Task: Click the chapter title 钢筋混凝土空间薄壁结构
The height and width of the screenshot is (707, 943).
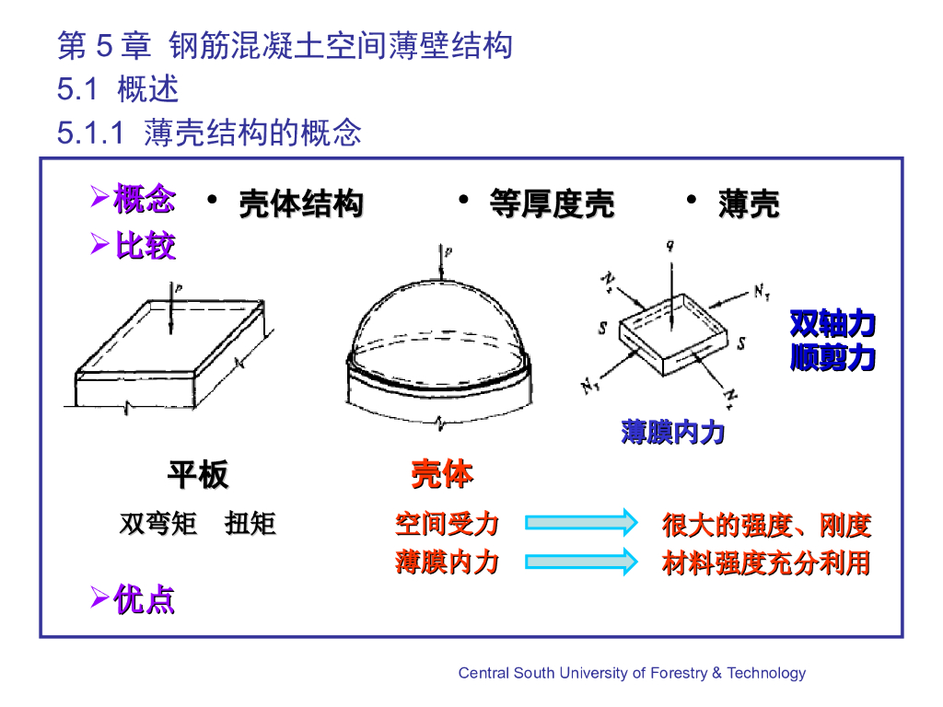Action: click(x=341, y=45)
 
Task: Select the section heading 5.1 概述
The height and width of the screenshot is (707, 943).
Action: click(x=118, y=89)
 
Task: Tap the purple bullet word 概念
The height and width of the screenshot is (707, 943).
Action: click(x=144, y=200)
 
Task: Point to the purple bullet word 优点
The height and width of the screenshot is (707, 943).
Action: click(x=144, y=600)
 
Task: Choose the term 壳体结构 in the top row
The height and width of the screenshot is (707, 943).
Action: click(x=300, y=203)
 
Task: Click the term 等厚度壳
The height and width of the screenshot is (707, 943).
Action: click(x=552, y=203)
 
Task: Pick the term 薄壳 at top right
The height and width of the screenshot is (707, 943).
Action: click(x=749, y=203)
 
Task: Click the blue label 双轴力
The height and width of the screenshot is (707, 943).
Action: click(x=832, y=324)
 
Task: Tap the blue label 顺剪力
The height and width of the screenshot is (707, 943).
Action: click(x=832, y=357)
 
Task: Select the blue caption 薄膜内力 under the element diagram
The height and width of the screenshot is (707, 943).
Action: click(x=672, y=432)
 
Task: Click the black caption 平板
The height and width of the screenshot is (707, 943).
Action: click(x=197, y=476)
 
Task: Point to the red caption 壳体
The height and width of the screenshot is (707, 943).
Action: click(x=442, y=475)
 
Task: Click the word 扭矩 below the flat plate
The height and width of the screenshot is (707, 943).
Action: click(x=250, y=525)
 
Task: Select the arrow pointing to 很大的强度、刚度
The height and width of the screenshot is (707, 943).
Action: click(x=581, y=523)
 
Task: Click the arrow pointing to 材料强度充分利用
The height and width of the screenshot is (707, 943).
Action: click(x=581, y=561)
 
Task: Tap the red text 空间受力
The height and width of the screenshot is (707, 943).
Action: click(x=447, y=525)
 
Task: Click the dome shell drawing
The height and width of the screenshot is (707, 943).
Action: click(x=440, y=350)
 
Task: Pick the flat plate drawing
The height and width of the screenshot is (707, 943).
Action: click(x=170, y=354)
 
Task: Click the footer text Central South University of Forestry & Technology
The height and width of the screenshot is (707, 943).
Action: click(x=632, y=673)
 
